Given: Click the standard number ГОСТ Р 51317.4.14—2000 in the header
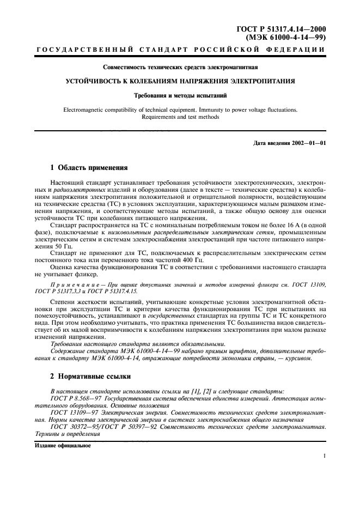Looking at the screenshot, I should point(287,28).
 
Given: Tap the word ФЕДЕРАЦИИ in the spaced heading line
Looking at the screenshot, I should point(298,50).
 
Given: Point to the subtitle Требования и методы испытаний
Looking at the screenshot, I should point(180,95).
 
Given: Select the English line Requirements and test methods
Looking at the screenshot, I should point(180,117).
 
